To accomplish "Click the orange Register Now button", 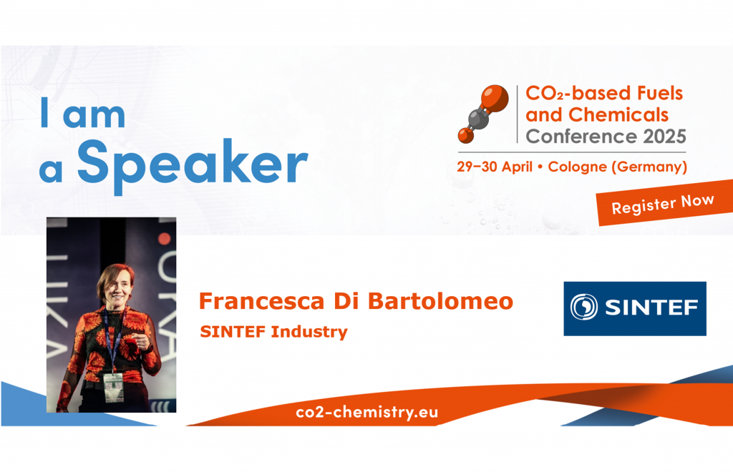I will pyautogui.click(x=662, y=205).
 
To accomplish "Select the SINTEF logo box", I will pyautogui.click(x=634, y=308).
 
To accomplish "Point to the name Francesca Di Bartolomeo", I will pyautogui.click(x=356, y=301).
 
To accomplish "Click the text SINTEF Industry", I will pyautogui.click(x=273, y=332).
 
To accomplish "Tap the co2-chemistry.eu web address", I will pyautogui.click(x=366, y=413).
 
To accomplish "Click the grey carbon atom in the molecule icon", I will pyautogui.click(x=479, y=119).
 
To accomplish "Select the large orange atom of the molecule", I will pyautogui.click(x=495, y=97).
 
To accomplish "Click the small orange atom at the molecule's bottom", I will pyautogui.click(x=466, y=134).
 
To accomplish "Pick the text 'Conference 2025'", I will pyautogui.click(x=606, y=136).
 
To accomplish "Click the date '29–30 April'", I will pyautogui.click(x=495, y=167).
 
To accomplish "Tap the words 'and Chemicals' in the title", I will pyautogui.click(x=597, y=114).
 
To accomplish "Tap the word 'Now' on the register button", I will pyautogui.click(x=698, y=201).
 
